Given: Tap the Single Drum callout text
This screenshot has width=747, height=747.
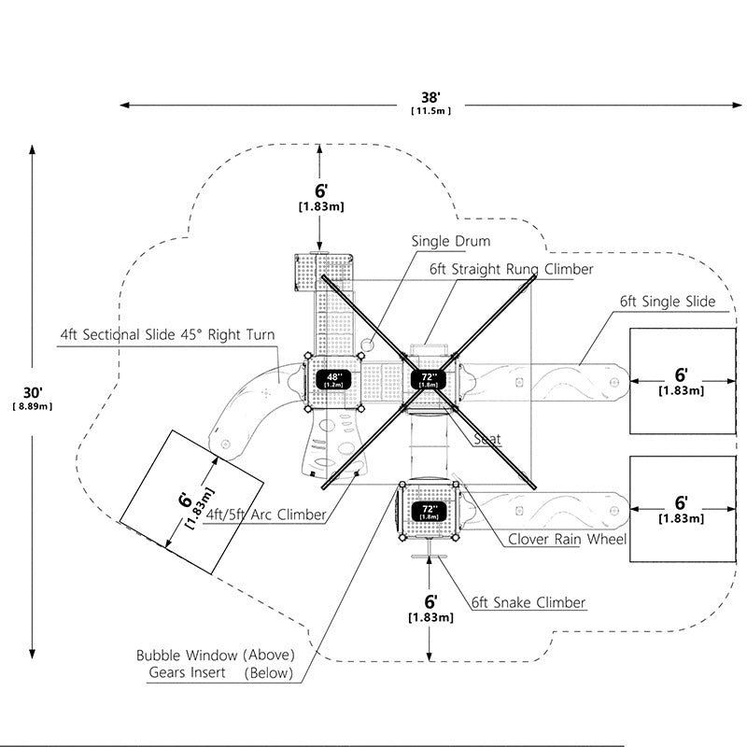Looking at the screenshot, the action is [451, 241].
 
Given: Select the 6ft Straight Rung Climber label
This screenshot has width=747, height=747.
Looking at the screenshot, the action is [511, 269].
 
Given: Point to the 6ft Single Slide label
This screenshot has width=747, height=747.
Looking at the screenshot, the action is [668, 302].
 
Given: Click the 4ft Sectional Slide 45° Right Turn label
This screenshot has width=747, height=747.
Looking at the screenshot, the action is [168, 334].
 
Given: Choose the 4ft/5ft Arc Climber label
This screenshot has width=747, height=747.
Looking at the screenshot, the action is [266, 514].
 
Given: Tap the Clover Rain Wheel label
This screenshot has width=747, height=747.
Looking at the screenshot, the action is [567, 539].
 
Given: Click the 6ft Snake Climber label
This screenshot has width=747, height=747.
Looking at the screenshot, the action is [529, 602].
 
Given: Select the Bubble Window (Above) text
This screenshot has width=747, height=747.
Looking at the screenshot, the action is [216, 655].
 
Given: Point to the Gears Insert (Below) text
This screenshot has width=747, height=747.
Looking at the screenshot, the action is [221, 672].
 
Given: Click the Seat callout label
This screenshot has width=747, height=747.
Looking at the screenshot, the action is [487, 439].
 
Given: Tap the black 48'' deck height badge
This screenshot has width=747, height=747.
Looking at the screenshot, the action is [333, 380].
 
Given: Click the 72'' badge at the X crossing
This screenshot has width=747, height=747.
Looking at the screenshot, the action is [429, 379].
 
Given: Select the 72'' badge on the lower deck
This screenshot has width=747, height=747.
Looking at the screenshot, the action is [429, 511].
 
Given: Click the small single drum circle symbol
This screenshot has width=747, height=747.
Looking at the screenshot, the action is [367, 345].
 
